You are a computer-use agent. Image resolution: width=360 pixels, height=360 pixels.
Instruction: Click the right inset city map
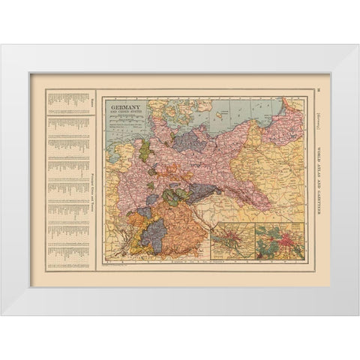click(x=278, y=241)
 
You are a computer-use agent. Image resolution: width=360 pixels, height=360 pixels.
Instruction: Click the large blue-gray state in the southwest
click(x=155, y=229)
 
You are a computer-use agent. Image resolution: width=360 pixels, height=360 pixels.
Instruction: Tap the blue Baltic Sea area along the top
click(x=247, y=109)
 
